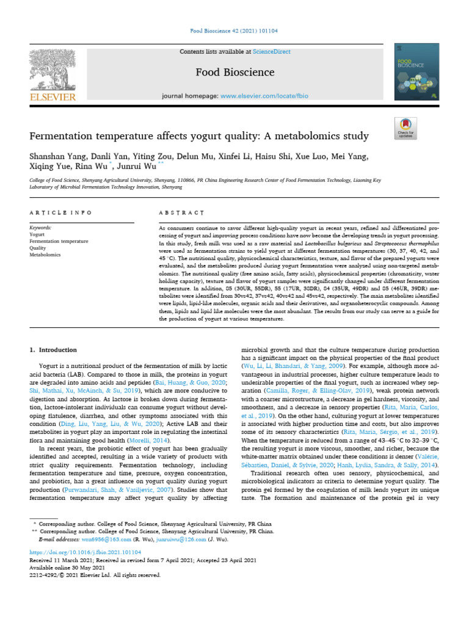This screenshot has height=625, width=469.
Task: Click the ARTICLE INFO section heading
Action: pyautogui.click(x=60, y=212)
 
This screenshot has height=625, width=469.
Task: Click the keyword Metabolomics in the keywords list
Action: pyautogui.click(x=45, y=255)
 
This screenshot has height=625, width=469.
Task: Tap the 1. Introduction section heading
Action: pyautogui.click(x=54, y=350)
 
